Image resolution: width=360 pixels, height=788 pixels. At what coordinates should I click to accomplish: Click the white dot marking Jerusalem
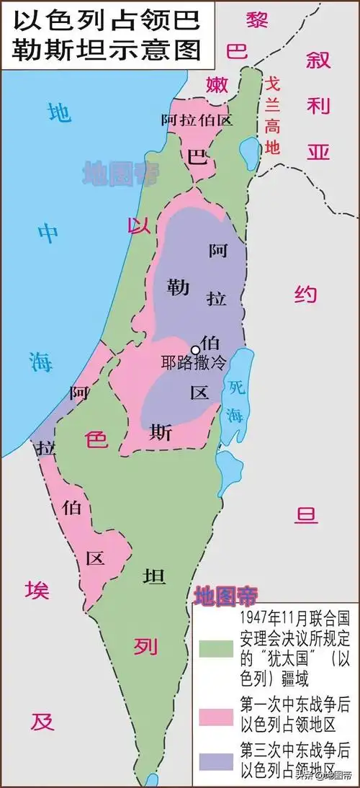point(194,350)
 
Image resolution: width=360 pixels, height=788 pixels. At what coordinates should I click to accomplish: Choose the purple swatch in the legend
point(216,761)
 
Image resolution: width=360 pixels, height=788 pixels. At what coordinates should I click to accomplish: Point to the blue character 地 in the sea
point(59,112)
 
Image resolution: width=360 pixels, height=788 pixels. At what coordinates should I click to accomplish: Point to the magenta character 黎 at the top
point(257,19)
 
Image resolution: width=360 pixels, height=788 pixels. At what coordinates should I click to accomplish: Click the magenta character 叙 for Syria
point(317,61)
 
